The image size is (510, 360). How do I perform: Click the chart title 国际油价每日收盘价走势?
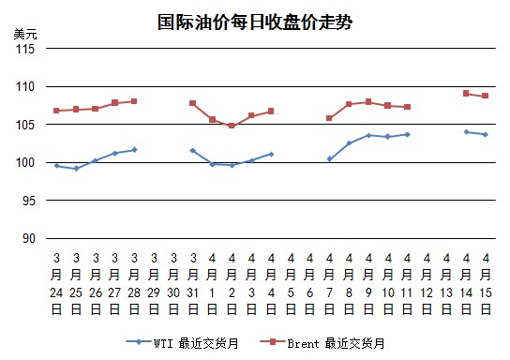tap(255, 22)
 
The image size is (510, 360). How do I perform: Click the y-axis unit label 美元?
tap(25, 34)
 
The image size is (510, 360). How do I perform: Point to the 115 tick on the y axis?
tap(25, 49)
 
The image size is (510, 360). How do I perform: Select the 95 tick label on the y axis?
tap(29, 201)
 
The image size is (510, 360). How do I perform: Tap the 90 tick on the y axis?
tap(29, 239)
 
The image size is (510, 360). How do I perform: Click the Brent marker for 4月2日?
tap(232, 126)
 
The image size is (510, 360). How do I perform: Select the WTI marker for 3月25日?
tap(76, 169)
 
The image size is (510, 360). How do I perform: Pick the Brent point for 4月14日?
tap(466, 94)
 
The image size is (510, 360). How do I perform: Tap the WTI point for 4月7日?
tap(329, 159)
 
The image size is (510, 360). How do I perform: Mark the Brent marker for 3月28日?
tap(134, 101)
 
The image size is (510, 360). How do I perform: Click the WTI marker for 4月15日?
tap(486, 134)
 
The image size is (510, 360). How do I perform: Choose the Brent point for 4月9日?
tap(368, 102)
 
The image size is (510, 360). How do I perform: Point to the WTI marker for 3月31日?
tap(192, 151)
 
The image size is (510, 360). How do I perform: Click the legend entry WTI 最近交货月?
tap(182, 343)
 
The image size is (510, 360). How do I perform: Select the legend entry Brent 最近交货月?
tap(322, 343)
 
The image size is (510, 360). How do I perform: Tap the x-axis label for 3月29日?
tap(154, 283)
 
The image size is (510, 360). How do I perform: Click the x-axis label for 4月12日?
tap(427, 283)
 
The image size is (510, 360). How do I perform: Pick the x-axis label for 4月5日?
tap(291, 283)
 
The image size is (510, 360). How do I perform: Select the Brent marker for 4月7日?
tap(329, 118)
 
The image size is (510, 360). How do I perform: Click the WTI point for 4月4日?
tap(271, 154)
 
